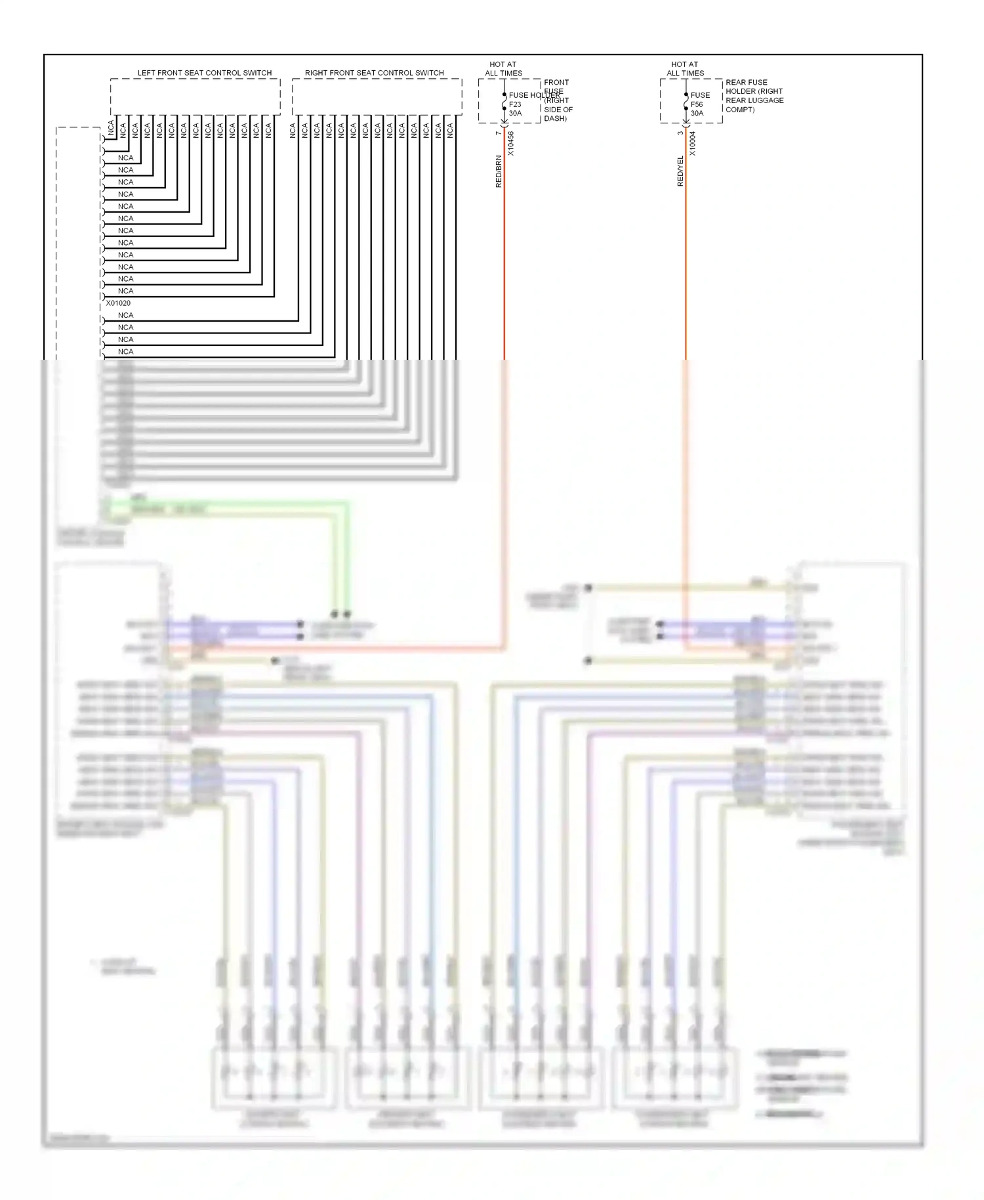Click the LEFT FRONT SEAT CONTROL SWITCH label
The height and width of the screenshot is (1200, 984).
point(204,73)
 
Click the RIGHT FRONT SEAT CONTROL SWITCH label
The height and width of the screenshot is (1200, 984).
point(374,73)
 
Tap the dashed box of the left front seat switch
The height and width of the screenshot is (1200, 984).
point(195,97)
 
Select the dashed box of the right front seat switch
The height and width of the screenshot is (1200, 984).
point(377,97)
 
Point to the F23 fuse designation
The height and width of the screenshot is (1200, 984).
point(515,104)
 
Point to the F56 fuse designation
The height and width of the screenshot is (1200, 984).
point(697,104)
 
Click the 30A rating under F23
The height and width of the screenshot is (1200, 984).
point(516,114)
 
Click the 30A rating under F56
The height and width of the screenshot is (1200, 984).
point(697,114)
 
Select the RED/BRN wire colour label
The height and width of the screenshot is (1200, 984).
point(499,171)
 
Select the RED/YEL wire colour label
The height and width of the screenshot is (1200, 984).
point(680,171)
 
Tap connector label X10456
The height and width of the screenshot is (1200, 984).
point(511,143)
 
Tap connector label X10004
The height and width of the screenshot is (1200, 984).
point(693,143)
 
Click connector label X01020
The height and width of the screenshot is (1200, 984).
point(118,303)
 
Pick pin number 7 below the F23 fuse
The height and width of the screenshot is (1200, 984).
point(499,133)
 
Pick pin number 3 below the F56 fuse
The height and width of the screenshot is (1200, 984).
point(680,133)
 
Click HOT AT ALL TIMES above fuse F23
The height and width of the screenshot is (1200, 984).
point(503,69)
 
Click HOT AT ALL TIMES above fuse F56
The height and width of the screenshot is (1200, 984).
point(685,69)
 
